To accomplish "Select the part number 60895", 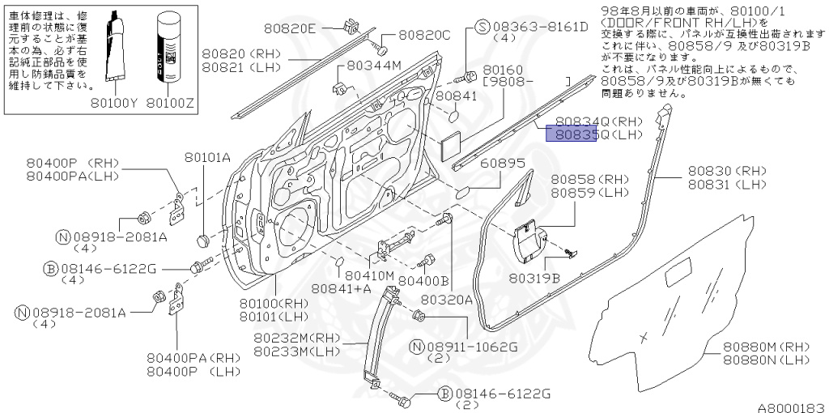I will pyautogui.click(x=503, y=163).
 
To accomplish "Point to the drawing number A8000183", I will pyautogui.click(x=790, y=407).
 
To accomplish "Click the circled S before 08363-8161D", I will pyautogui.click(x=482, y=28).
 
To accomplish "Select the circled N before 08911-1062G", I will pyautogui.click(x=417, y=347).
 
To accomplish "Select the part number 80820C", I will pyautogui.click(x=423, y=36).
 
